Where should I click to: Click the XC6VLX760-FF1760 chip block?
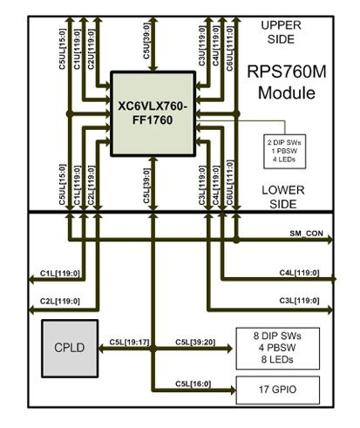click(153, 113)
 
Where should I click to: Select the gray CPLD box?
click(70, 349)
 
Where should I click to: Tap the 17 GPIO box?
click(278, 390)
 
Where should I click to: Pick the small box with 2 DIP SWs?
click(285, 151)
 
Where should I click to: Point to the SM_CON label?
click(306, 234)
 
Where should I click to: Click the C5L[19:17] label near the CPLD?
click(130, 343)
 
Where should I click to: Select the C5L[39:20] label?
click(195, 343)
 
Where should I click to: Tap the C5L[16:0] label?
click(194, 384)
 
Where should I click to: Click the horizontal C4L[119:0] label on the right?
click(299, 273)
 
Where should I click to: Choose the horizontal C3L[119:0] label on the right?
click(299, 301)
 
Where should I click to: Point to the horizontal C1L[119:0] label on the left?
click(60, 274)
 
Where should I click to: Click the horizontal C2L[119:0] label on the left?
click(60, 302)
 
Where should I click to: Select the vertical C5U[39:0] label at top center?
click(146, 41)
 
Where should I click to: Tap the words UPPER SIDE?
click(281, 32)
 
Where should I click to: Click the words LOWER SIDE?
click(283, 197)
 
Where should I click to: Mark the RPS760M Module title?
click(287, 82)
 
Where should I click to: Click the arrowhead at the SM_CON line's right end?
click(330, 240)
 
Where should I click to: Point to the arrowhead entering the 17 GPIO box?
click(233, 390)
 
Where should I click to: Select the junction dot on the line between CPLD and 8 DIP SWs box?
click(153, 349)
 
